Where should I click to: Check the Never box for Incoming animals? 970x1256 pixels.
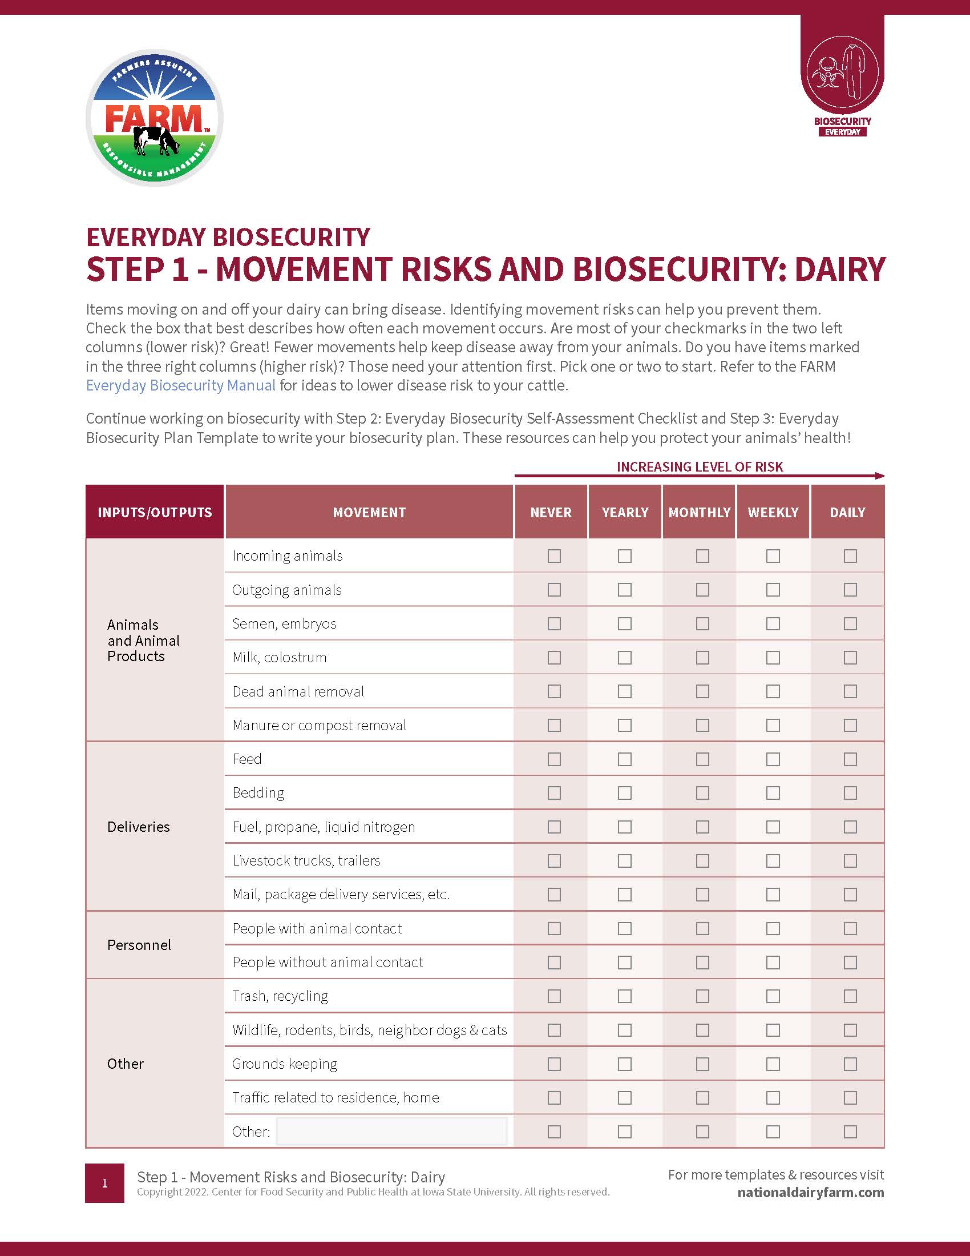click(554, 556)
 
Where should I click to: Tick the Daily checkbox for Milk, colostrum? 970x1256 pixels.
click(850, 657)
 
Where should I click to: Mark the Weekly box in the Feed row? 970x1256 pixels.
click(773, 759)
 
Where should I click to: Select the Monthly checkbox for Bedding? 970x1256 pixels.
click(702, 793)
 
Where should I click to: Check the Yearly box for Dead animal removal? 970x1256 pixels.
click(625, 691)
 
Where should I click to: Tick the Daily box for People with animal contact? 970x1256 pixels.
click(850, 928)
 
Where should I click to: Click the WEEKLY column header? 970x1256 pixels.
click(773, 513)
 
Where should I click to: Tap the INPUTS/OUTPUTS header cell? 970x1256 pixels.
click(155, 513)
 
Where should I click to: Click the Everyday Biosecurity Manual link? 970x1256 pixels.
click(180, 385)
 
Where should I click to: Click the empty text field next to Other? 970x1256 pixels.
click(391, 1131)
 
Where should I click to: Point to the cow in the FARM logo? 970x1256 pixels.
click(155, 140)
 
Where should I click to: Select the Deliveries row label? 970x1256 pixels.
click(139, 827)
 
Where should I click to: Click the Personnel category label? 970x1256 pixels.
click(139, 945)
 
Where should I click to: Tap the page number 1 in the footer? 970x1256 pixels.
click(104, 1183)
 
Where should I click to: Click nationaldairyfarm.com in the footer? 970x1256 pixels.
click(810, 1192)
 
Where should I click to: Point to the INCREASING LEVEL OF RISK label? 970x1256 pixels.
click(700, 466)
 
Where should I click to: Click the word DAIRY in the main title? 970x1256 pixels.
click(839, 269)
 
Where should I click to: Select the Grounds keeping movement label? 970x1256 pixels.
click(285, 1064)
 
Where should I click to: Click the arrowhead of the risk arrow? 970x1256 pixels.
click(880, 476)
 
